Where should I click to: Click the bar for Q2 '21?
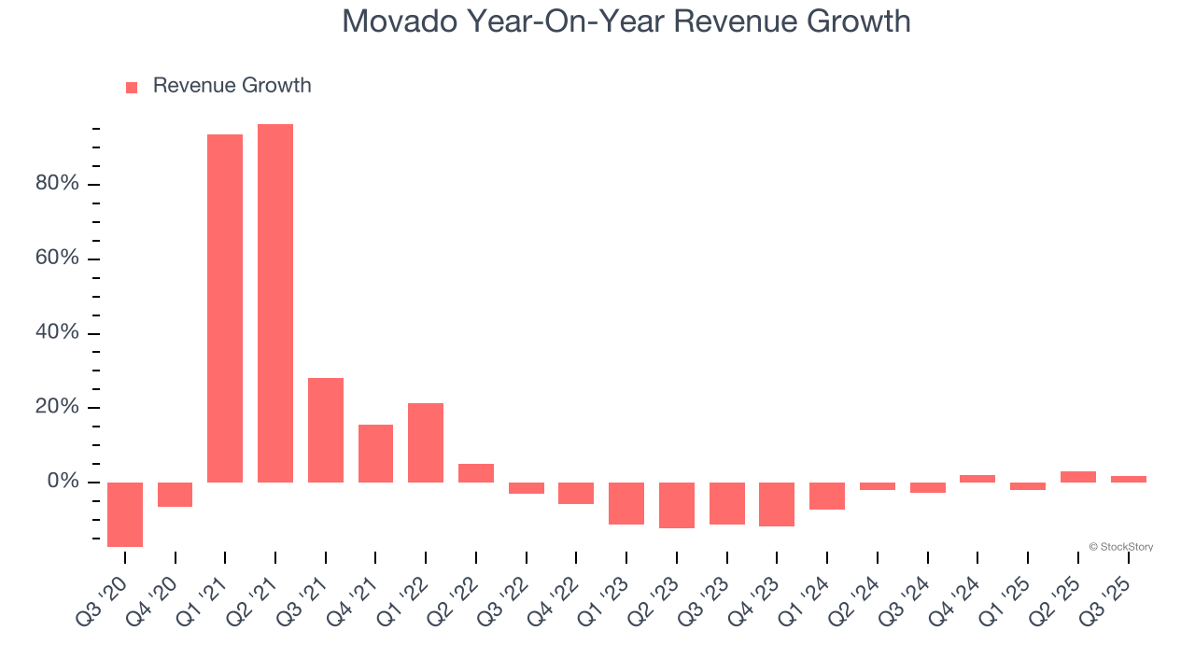(275, 303)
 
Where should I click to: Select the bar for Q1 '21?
(225, 308)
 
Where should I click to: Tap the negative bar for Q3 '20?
(125, 514)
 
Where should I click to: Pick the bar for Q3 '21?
(326, 430)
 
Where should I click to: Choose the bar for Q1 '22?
(426, 442)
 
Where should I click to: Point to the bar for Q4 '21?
(375, 454)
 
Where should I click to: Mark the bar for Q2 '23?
(677, 505)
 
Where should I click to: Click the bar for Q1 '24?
(827, 496)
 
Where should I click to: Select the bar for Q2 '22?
(476, 473)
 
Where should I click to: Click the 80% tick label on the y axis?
(57, 184)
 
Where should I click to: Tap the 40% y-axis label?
(57, 333)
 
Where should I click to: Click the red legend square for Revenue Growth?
(132, 87)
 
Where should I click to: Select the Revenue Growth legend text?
(232, 86)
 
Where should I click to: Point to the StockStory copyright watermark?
(1120, 547)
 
